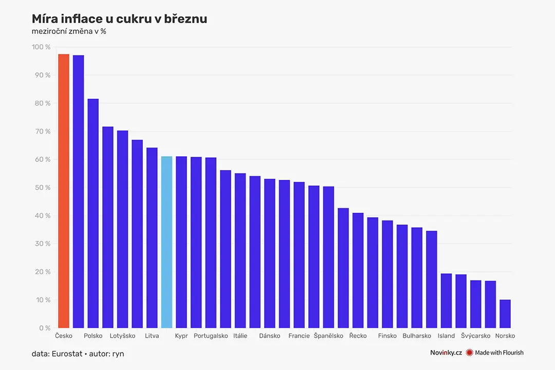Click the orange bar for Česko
[x=64, y=191]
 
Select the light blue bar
[x=166, y=242]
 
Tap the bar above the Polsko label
[x=93, y=213]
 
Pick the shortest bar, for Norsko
[x=505, y=313]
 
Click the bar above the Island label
[x=447, y=301]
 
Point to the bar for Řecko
[x=358, y=270]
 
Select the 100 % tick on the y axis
[x=41, y=47]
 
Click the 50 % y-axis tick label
[x=43, y=188]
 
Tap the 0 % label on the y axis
[x=45, y=328]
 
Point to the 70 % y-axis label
[x=43, y=132]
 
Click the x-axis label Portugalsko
[x=211, y=336]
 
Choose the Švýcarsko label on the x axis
[x=476, y=336]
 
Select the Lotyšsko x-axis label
[x=122, y=336]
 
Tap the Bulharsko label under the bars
[x=417, y=336]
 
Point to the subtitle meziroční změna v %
[x=69, y=31]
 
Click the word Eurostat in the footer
[x=67, y=354]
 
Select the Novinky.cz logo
[x=446, y=353]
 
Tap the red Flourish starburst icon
[x=469, y=353]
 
